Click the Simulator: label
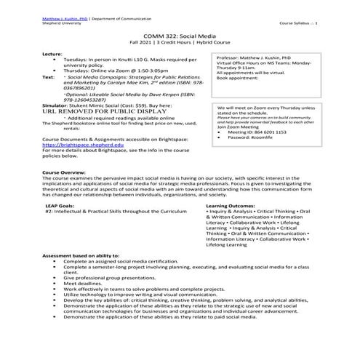pyautogui.click(x=56, y=105)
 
